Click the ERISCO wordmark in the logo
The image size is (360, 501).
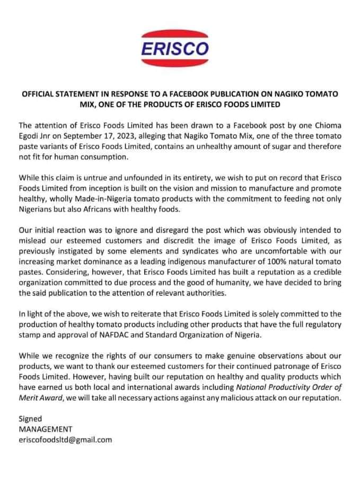175,49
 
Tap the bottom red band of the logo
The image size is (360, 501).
175,66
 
